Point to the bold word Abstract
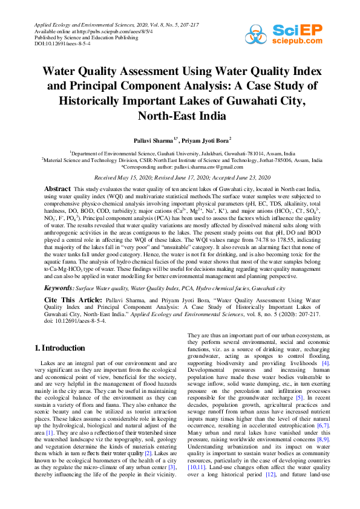click(x=58, y=190)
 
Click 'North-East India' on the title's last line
click(x=180, y=115)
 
